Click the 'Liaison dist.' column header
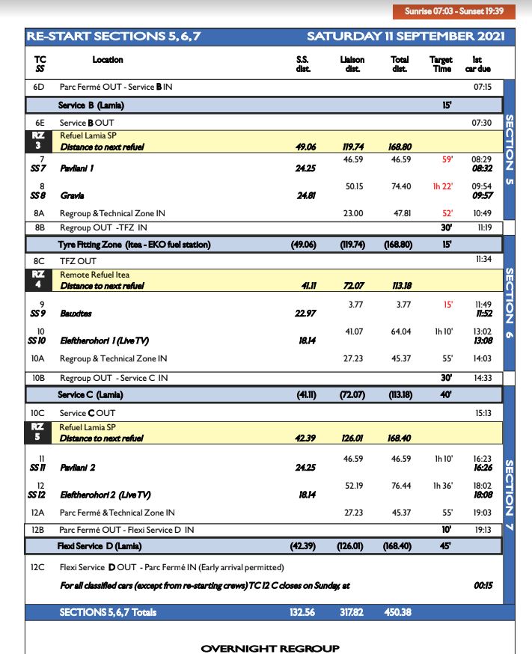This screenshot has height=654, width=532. [x=352, y=64]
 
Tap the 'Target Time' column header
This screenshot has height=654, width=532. [x=441, y=64]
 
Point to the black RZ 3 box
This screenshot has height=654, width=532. [x=39, y=141]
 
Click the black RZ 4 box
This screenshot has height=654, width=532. [x=39, y=280]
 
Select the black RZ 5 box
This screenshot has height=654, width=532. [x=39, y=432]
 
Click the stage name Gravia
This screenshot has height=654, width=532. [x=72, y=196]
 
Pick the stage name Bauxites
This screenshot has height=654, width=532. [x=76, y=313]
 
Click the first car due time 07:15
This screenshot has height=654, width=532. [x=483, y=88]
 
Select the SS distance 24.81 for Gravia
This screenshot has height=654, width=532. [x=307, y=196]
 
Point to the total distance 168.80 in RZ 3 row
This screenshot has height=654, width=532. [x=400, y=147]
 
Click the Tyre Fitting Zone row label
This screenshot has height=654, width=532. [x=134, y=245]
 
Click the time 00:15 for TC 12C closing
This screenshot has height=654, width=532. [x=483, y=585]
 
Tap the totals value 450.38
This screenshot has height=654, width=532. [x=400, y=612]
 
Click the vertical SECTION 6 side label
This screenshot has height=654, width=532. [x=510, y=303]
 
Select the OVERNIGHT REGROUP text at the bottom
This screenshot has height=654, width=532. [x=270, y=648]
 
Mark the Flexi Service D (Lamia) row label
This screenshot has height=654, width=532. [x=102, y=546]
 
